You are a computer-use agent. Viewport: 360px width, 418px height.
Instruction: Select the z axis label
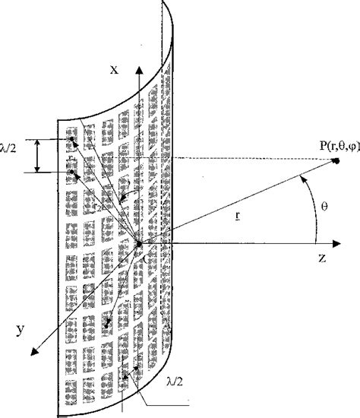(322, 258)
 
